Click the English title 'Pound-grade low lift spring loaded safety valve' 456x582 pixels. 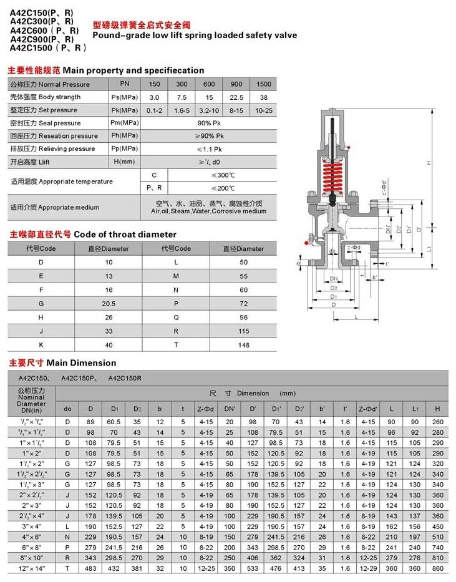[195, 36]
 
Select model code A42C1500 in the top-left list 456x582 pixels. [38, 47]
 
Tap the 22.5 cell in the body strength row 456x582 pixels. [236, 97]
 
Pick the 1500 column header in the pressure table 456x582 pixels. [264, 84]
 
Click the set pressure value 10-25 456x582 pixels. [264, 110]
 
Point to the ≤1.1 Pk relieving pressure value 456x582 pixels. [209, 149]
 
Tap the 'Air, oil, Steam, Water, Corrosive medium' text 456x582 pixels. [209, 211]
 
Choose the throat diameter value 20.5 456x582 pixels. [110, 303]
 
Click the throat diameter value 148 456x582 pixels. [244, 345]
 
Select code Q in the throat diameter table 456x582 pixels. [176, 316]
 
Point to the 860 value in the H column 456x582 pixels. [437, 570]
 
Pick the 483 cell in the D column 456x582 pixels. [90, 570]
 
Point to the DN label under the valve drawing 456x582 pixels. [334, 279]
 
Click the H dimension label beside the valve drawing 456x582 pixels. [429, 163]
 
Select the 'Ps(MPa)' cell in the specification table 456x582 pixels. [124, 97]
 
